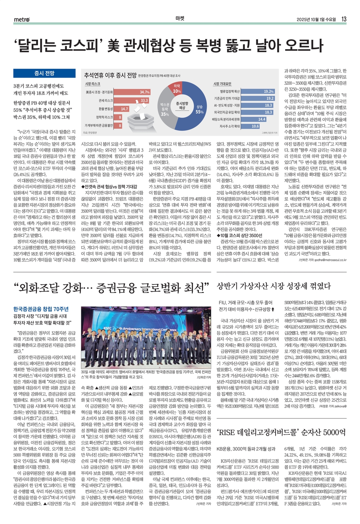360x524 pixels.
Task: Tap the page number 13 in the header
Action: pyautogui.click(x=344, y=19)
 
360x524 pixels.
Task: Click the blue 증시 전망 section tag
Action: pyautogui.click(x=44, y=73)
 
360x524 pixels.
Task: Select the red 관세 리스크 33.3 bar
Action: pyautogui.click(x=131, y=100)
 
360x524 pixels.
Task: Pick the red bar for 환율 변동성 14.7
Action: pyautogui.click(x=122, y=109)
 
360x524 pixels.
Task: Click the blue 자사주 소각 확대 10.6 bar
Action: pyautogui.click(x=251, y=126)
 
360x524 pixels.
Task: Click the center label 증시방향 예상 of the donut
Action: pyautogui.click(x=182, y=106)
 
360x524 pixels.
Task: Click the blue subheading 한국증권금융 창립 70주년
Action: pyautogui.click(x=41, y=309)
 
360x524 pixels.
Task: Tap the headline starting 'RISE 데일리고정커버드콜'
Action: pyautogui.click(x=281, y=432)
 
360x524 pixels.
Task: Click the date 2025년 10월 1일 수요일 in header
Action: pyautogui.click(x=316, y=19)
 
